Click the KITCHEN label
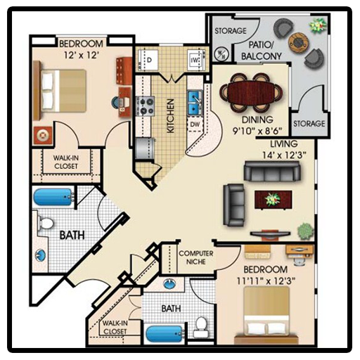point(171,116)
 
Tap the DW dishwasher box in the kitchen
point(194,124)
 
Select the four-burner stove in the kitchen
point(146,106)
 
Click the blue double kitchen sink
point(195,103)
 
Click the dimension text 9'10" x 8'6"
point(257,131)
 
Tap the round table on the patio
point(297,42)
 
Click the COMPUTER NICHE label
point(196,257)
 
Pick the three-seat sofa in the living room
point(272,172)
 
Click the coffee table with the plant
point(274,199)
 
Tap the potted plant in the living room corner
point(305,231)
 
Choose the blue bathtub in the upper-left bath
point(54,197)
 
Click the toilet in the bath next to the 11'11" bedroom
point(200,326)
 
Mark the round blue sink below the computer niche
point(169,284)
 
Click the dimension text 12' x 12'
point(81,55)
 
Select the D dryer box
point(149,60)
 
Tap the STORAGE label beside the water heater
point(231,31)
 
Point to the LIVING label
point(284,143)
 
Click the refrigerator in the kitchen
point(145,148)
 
